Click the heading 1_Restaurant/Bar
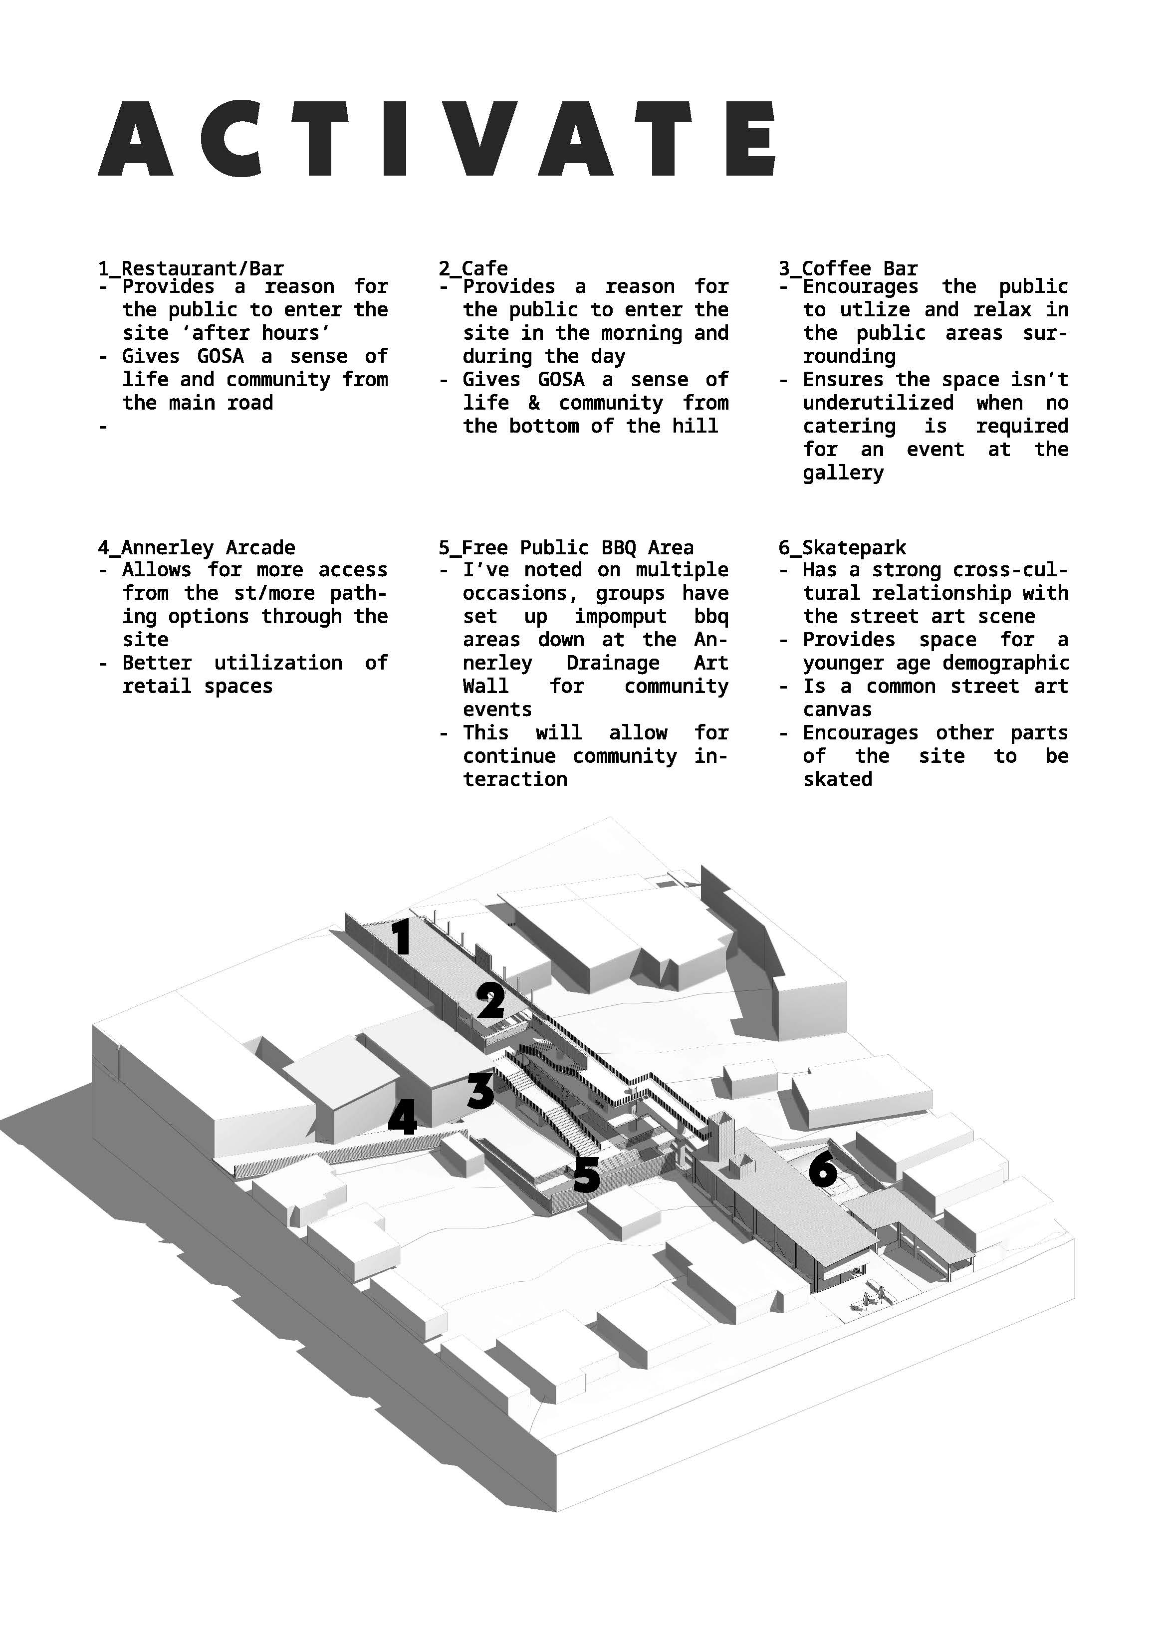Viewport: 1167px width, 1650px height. tap(191, 269)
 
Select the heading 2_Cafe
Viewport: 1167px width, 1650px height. tap(473, 269)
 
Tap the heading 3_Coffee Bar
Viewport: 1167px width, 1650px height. tap(848, 269)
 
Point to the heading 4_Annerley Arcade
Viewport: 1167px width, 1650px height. tap(196, 548)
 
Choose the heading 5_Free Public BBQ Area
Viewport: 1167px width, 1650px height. tap(566, 548)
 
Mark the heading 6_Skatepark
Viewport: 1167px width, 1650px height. tap(842, 548)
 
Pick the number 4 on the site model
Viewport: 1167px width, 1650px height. tap(403, 1118)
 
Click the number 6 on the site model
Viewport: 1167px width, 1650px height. tap(823, 1169)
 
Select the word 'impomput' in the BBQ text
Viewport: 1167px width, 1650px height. tap(620, 617)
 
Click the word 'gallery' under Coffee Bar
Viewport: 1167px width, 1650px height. tap(843, 473)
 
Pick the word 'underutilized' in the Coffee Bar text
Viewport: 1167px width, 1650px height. tap(878, 403)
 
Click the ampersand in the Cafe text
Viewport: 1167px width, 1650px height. tap(534, 403)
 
